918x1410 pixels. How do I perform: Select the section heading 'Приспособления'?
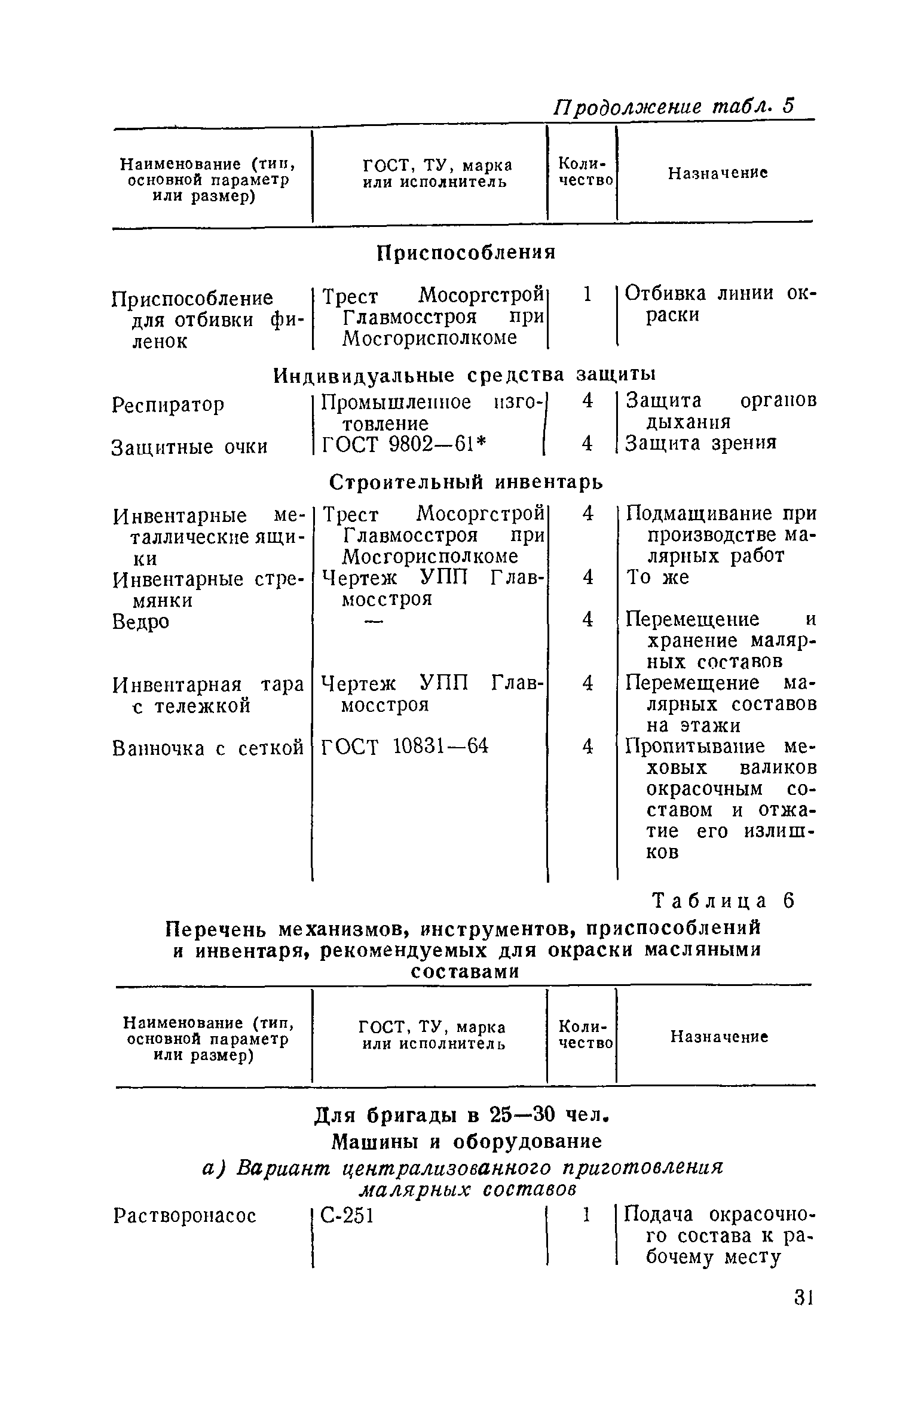466,253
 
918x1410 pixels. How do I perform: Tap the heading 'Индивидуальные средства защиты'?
464,375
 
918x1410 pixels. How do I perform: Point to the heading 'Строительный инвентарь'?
466,482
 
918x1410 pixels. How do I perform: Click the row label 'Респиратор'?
169,405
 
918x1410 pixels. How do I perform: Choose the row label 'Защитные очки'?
189,447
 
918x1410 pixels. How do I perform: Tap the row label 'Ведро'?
141,622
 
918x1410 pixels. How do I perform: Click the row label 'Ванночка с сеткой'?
208,748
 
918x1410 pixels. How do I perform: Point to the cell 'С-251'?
347,1215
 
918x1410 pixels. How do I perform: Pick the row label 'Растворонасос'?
185,1215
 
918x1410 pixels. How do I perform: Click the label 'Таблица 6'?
724,901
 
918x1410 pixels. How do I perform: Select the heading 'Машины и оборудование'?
466,1141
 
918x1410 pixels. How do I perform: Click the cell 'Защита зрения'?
701,443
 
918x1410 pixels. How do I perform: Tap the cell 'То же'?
657,577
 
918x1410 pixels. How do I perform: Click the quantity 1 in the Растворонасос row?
587,1214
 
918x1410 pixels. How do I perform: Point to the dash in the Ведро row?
372,621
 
